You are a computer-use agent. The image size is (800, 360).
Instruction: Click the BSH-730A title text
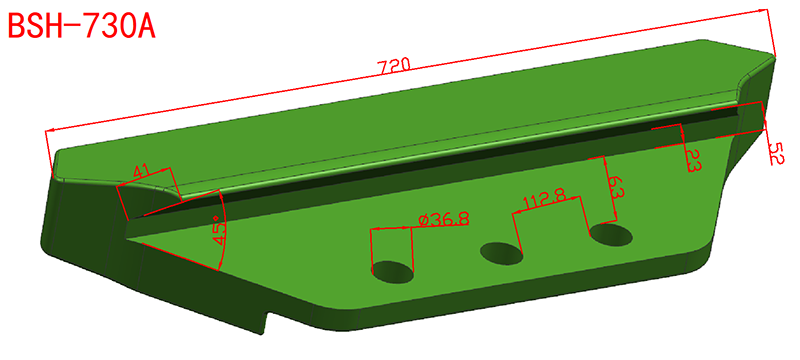pyautogui.click(x=82, y=25)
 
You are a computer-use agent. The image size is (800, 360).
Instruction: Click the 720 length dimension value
pyautogui.click(x=393, y=65)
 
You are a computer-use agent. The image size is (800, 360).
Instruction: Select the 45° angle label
pyautogui.click(x=218, y=232)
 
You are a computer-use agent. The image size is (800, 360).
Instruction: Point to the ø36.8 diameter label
pyautogui.click(x=443, y=219)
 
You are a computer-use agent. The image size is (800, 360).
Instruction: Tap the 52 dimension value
pyautogui.click(x=775, y=153)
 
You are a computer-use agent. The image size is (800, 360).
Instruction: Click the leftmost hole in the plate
pyautogui.click(x=393, y=271)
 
